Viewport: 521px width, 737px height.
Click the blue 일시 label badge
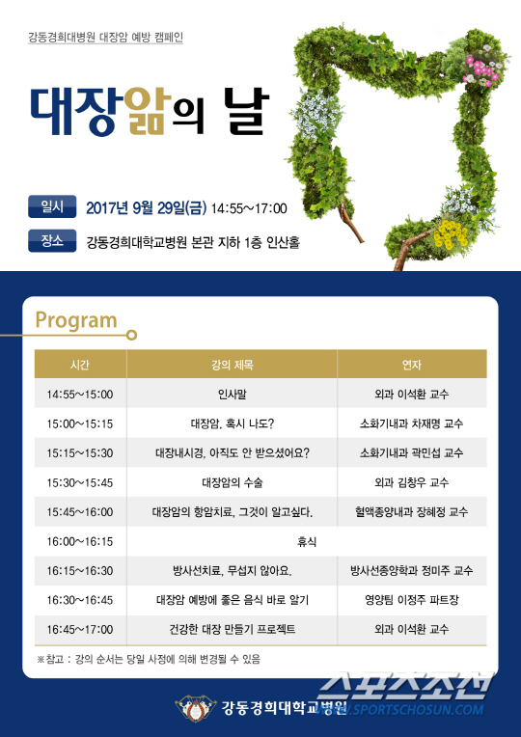[52, 206]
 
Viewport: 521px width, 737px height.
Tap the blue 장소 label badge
[52, 240]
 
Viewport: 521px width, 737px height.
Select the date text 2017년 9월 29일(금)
[147, 207]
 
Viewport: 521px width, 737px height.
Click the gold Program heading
[76, 320]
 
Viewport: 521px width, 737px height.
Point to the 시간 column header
[80, 365]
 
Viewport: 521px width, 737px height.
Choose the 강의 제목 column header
[233, 365]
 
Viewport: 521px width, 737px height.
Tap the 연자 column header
[411, 365]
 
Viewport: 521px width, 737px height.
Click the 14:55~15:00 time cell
[80, 395]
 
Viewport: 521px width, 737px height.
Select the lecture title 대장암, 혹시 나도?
[233, 423]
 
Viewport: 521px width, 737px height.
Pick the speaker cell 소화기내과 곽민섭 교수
[411, 453]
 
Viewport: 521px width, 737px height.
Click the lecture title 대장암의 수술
[233, 482]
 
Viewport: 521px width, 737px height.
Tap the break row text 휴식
[307, 541]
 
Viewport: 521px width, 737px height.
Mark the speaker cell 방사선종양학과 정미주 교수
[411, 571]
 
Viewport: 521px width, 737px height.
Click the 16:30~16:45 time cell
[80, 600]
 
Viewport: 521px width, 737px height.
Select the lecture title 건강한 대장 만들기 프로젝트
[233, 629]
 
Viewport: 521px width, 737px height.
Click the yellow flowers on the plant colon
[451, 233]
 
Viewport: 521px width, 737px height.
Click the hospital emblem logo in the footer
[196, 708]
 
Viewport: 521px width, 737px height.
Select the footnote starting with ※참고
[149, 659]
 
